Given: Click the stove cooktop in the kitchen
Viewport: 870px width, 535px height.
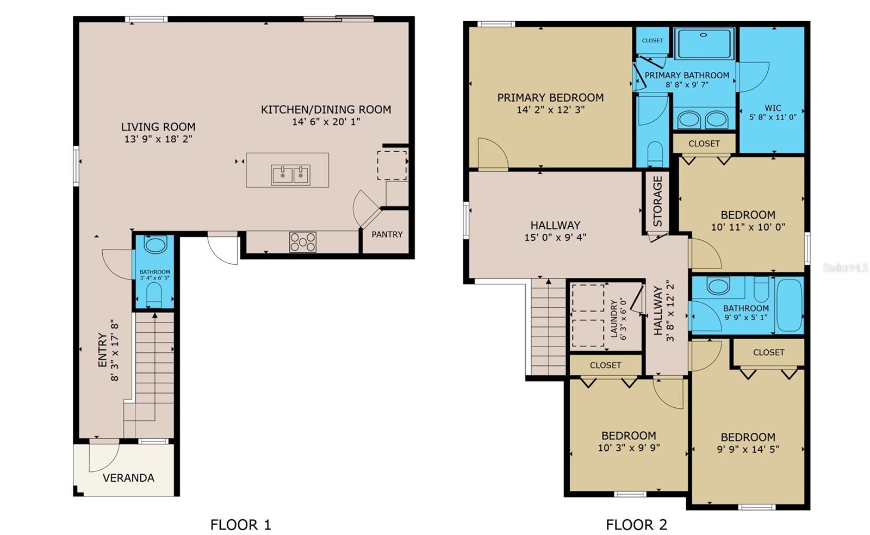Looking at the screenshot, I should [302, 242].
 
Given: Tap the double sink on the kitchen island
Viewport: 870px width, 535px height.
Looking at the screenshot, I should [290, 175].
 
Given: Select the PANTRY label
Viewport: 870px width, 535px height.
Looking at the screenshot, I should [387, 234].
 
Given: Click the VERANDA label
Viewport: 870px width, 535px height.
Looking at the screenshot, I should [128, 478].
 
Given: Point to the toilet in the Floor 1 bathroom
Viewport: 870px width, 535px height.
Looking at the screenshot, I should [154, 294].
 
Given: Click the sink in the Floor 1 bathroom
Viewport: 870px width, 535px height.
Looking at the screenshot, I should [156, 245].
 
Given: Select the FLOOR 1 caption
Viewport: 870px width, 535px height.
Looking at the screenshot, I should [240, 525].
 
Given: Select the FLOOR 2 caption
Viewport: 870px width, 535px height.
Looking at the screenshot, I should [636, 525].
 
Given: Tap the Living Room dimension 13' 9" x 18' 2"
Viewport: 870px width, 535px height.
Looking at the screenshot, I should [158, 139].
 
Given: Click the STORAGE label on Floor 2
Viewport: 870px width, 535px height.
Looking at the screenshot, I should [657, 201].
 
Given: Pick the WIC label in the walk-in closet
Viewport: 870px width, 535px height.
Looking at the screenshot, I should [773, 108].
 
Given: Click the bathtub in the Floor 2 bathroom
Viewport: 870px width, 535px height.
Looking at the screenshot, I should [789, 305].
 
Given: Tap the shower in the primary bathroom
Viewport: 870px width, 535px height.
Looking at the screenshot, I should [704, 43].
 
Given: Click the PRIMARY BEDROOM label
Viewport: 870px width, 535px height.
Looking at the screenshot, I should [550, 98].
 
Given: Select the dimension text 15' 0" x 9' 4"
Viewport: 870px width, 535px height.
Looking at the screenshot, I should [555, 237].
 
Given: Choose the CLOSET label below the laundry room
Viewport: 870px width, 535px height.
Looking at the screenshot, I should [605, 365].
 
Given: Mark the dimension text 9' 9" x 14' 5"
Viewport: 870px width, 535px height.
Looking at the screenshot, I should [748, 449].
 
